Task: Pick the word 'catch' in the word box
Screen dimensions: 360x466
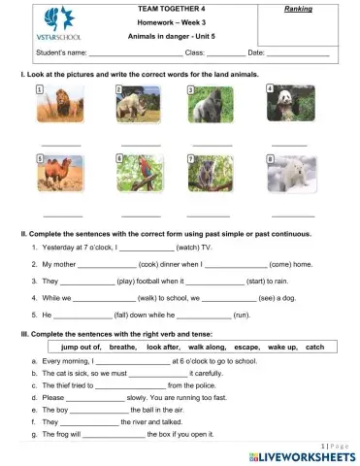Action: [314, 347]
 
